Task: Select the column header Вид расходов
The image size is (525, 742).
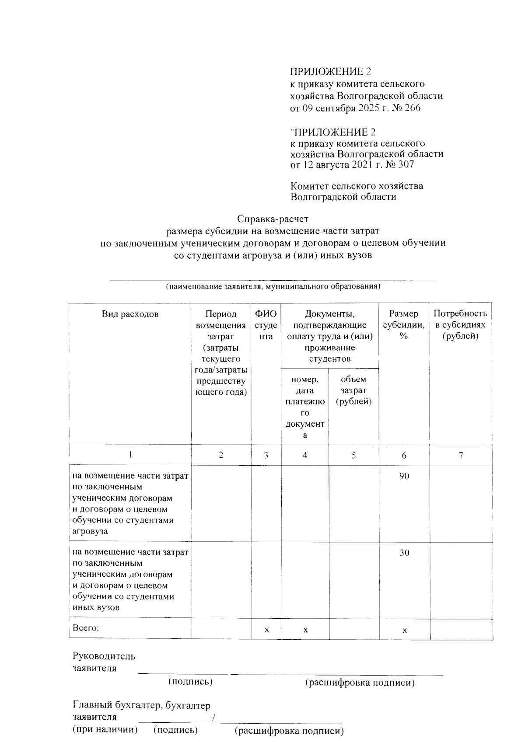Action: pos(130,314)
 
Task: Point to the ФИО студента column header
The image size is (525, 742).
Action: pos(266,325)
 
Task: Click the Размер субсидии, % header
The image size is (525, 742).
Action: pos(404,325)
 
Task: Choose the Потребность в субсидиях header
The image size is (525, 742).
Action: pos(460,325)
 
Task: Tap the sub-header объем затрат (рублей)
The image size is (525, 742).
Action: pos(353,390)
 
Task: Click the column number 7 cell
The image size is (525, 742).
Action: pos(461,455)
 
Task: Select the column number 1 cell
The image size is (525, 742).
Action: pos(130,455)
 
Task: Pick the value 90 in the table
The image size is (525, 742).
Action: pos(404,476)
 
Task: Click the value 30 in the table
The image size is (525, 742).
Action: pos(404,553)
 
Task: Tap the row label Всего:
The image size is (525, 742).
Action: pos(86,628)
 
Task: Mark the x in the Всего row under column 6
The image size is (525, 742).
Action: pos(405,630)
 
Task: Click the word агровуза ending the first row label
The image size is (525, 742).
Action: pos(90,531)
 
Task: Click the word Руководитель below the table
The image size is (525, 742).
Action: pos(104,656)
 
